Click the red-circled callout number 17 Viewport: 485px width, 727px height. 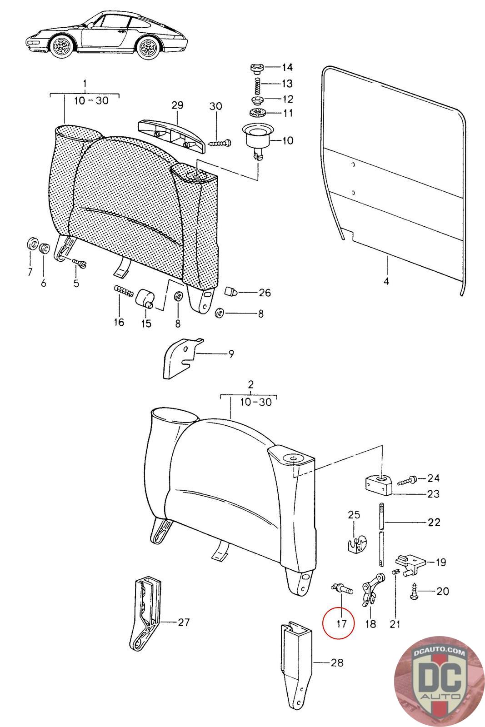[342, 623]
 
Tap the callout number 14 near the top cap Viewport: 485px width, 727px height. [287, 68]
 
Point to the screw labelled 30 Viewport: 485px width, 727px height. [220, 143]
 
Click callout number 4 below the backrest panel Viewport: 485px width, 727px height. [386, 282]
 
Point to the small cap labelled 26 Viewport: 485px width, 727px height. [231, 291]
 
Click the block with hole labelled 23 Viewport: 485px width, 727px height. [379, 484]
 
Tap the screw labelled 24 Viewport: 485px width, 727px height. [407, 480]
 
